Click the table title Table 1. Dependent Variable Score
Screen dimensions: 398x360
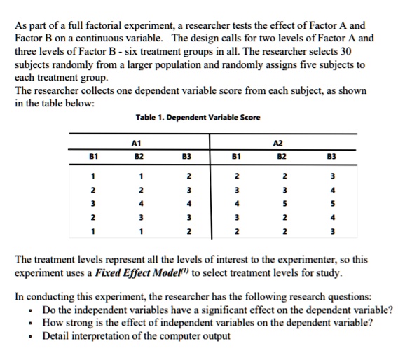[x=198, y=117]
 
